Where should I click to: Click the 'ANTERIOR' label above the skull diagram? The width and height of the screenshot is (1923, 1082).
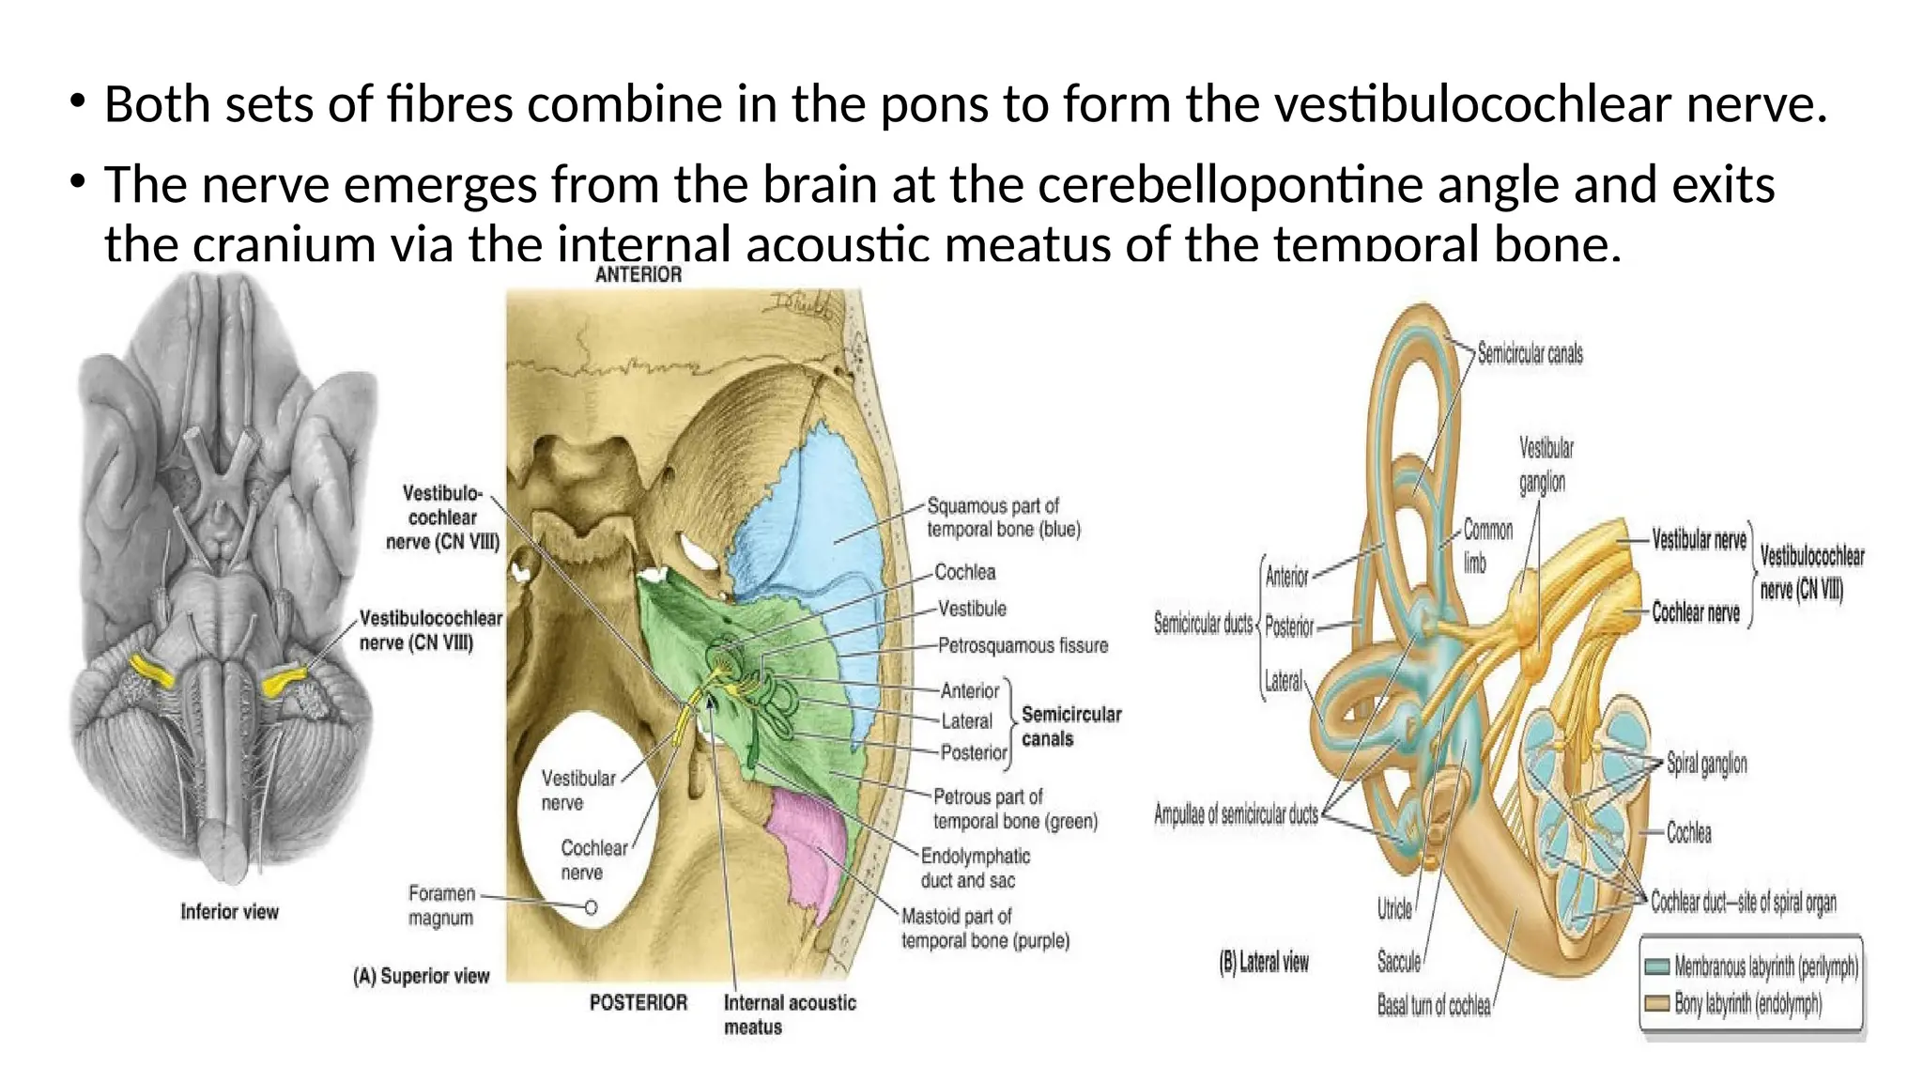pyautogui.click(x=638, y=274)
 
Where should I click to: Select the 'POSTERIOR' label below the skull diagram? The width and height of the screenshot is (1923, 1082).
pyautogui.click(x=638, y=1002)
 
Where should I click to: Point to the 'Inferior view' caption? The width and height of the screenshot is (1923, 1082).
pyautogui.click(x=229, y=912)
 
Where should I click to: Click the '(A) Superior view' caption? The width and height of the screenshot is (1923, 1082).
pyautogui.click(x=421, y=976)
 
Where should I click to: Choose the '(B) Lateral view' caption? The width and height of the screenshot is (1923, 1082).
pyautogui.click(x=1263, y=962)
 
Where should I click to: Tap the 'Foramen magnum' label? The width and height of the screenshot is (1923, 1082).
pyautogui.click(x=441, y=905)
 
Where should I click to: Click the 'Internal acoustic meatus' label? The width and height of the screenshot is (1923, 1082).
pyautogui.click(x=790, y=1014)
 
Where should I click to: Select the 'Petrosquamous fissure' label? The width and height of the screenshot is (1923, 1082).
pyautogui.click(x=1023, y=645)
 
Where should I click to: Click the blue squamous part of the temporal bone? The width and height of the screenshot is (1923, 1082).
pyautogui.click(x=808, y=526)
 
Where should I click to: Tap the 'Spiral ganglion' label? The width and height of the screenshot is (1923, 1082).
pyautogui.click(x=1706, y=764)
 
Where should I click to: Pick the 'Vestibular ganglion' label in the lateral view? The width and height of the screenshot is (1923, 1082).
pyautogui.click(x=1546, y=465)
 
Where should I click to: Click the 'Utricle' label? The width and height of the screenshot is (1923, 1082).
pyautogui.click(x=1394, y=908)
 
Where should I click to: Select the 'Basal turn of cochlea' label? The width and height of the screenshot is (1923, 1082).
pyautogui.click(x=1433, y=1005)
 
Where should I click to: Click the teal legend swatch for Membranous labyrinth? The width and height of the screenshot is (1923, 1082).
pyautogui.click(x=1657, y=966)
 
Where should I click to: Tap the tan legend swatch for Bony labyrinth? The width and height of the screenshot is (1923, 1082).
pyautogui.click(x=1657, y=1004)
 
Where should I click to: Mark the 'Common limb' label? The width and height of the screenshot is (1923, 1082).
pyautogui.click(x=1487, y=546)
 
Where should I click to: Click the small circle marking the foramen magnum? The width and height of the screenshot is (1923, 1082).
pyautogui.click(x=591, y=907)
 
